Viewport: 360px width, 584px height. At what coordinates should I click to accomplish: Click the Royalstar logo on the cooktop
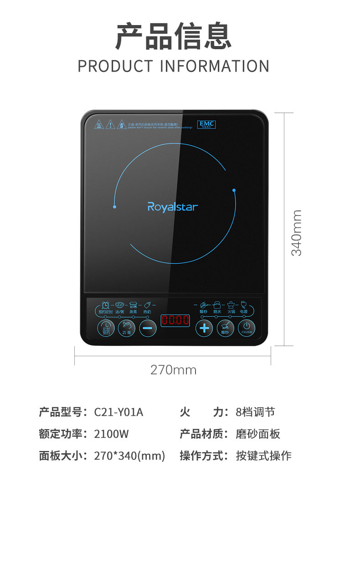click(x=173, y=207)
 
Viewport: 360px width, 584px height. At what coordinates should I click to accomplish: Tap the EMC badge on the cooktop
click(x=206, y=124)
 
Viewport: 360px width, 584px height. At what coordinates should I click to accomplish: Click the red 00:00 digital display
click(x=175, y=320)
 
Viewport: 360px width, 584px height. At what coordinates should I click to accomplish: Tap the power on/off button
click(x=246, y=328)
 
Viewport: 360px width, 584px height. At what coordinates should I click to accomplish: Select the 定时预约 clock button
click(x=106, y=328)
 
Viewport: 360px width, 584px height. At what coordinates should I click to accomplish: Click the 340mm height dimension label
click(x=297, y=232)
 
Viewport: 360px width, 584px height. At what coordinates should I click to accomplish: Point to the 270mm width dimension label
click(x=173, y=370)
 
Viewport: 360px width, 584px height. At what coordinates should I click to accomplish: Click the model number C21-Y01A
click(x=118, y=412)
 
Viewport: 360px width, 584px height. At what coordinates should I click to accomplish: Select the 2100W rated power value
click(x=112, y=434)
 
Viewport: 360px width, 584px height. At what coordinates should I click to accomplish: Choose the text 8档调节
click(x=255, y=412)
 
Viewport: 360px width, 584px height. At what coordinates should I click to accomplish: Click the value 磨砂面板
click(x=258, y=434)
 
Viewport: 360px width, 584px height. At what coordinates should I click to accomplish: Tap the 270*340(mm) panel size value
click(x=129, y=455)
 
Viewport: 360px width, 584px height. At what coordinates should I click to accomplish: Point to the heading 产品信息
click(x=173, y=36)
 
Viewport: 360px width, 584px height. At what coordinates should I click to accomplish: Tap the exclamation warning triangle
click(x=110, y=125)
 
